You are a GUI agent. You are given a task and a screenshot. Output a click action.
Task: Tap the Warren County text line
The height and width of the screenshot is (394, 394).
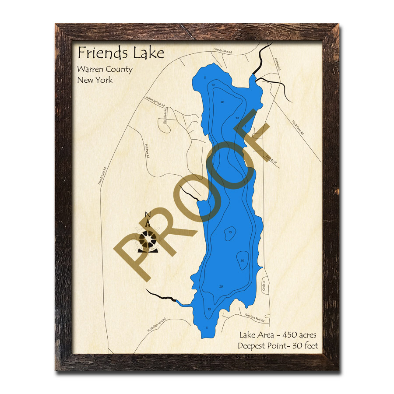click(x=105, y=69)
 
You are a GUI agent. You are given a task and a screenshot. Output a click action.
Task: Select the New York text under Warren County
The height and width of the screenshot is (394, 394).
click(x=95, y=80)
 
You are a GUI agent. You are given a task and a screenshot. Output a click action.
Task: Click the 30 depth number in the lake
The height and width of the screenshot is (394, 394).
click(x=242, y=260)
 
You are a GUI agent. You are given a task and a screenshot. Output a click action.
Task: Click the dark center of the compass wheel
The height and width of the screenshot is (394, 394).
click(x=148, y=239)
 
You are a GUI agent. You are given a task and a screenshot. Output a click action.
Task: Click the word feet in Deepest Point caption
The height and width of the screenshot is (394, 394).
click(x=309, y=346)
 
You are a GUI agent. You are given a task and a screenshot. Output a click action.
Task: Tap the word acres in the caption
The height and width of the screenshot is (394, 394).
click(x=306, y=335)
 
